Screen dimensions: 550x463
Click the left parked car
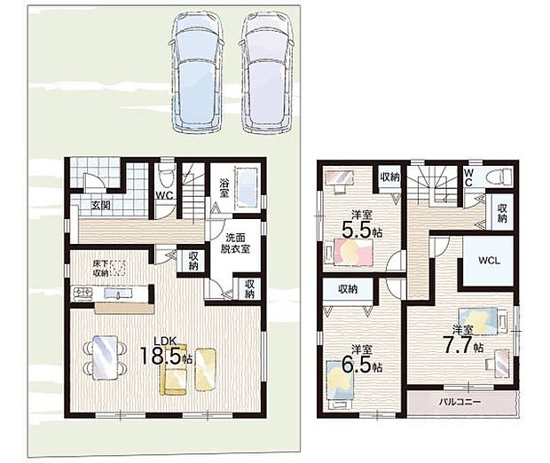click(x=196, y=72)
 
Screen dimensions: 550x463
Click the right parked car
click(x=266, y=72)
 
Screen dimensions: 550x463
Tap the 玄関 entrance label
click(x=100, y=205)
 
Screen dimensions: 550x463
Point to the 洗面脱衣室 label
click(x=235, y=243)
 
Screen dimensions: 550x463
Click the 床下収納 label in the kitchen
click(x=100, y=269)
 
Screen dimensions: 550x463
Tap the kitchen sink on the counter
click(x=116, y=294)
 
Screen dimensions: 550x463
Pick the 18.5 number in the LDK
click(x=161, y=356)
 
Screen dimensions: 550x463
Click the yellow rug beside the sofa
click(x=205, y=369)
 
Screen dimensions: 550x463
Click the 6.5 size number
click(x=357, y=365)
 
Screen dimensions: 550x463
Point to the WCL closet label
click(x=489, y=261)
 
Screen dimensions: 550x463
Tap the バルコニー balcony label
click(x=460, y=402)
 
